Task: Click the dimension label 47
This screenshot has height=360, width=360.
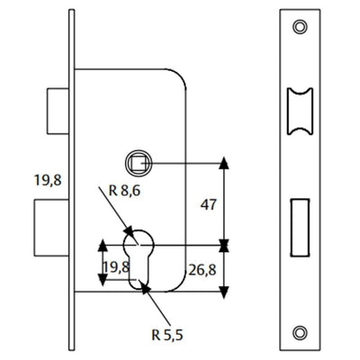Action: [x=208, y=204]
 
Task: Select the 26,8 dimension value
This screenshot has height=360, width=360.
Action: [x=202, y=270]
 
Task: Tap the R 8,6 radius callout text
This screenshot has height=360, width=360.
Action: [x=124, y=191]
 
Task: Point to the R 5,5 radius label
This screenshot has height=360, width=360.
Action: [x=167, y=335]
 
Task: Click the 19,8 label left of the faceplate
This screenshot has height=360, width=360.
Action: [x=48, y=180]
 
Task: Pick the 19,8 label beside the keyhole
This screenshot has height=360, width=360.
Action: [x=116, y=266]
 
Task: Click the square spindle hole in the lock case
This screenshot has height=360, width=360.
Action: [x=139, y=163]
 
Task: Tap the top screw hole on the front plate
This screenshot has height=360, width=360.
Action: [x=300, y=27]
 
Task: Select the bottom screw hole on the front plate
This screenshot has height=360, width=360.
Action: [x=300, y=332]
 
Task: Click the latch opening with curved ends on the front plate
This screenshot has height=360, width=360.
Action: [x=300, y=112]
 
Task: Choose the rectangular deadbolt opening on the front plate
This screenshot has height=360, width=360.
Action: [x=300, y=228]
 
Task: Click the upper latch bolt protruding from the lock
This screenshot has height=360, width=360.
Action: [x=58, y=111]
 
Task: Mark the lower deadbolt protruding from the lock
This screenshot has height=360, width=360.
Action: [x=51, y=228]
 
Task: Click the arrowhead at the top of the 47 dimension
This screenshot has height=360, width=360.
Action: [x=224, y=163]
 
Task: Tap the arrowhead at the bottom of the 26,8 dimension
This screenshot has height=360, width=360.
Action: [x=224, y=292]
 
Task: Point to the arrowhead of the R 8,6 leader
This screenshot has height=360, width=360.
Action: [x=129, y=231]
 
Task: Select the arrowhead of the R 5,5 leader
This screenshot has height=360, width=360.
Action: [x=146, y=288]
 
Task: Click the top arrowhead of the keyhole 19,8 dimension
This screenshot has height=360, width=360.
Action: [x=103, y=246]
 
